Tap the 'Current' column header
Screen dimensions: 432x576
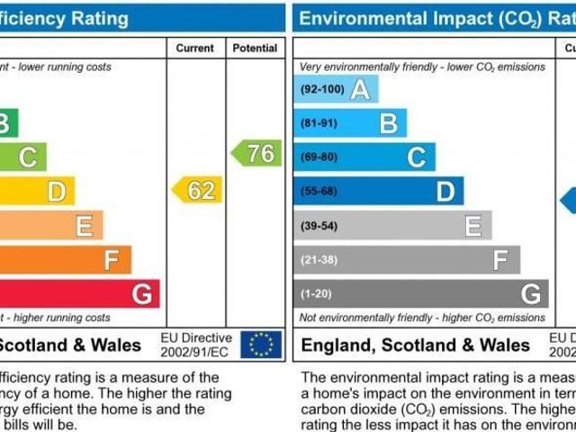point(195,48)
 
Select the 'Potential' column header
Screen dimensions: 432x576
point(255,48)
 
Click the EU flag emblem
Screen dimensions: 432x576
point(261,344)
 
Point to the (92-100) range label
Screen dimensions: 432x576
point(321,90)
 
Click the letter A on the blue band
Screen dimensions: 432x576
point(360,90)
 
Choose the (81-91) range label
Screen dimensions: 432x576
point(319,123)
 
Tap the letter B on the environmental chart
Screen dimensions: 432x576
point(388,123)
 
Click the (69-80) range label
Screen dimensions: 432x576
point(319,157)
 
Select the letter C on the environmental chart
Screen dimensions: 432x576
point(416,157)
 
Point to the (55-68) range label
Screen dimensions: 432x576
point(319,191)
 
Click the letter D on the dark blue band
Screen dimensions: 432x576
point(445,191)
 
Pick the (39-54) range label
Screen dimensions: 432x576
point(319,225)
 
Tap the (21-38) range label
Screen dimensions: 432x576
point(319,259)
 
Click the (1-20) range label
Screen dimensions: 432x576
point(316,293)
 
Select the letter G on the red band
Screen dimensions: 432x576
point(141,293)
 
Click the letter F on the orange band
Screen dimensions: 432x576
point(112,260)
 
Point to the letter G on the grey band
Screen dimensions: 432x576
point(531,293)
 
